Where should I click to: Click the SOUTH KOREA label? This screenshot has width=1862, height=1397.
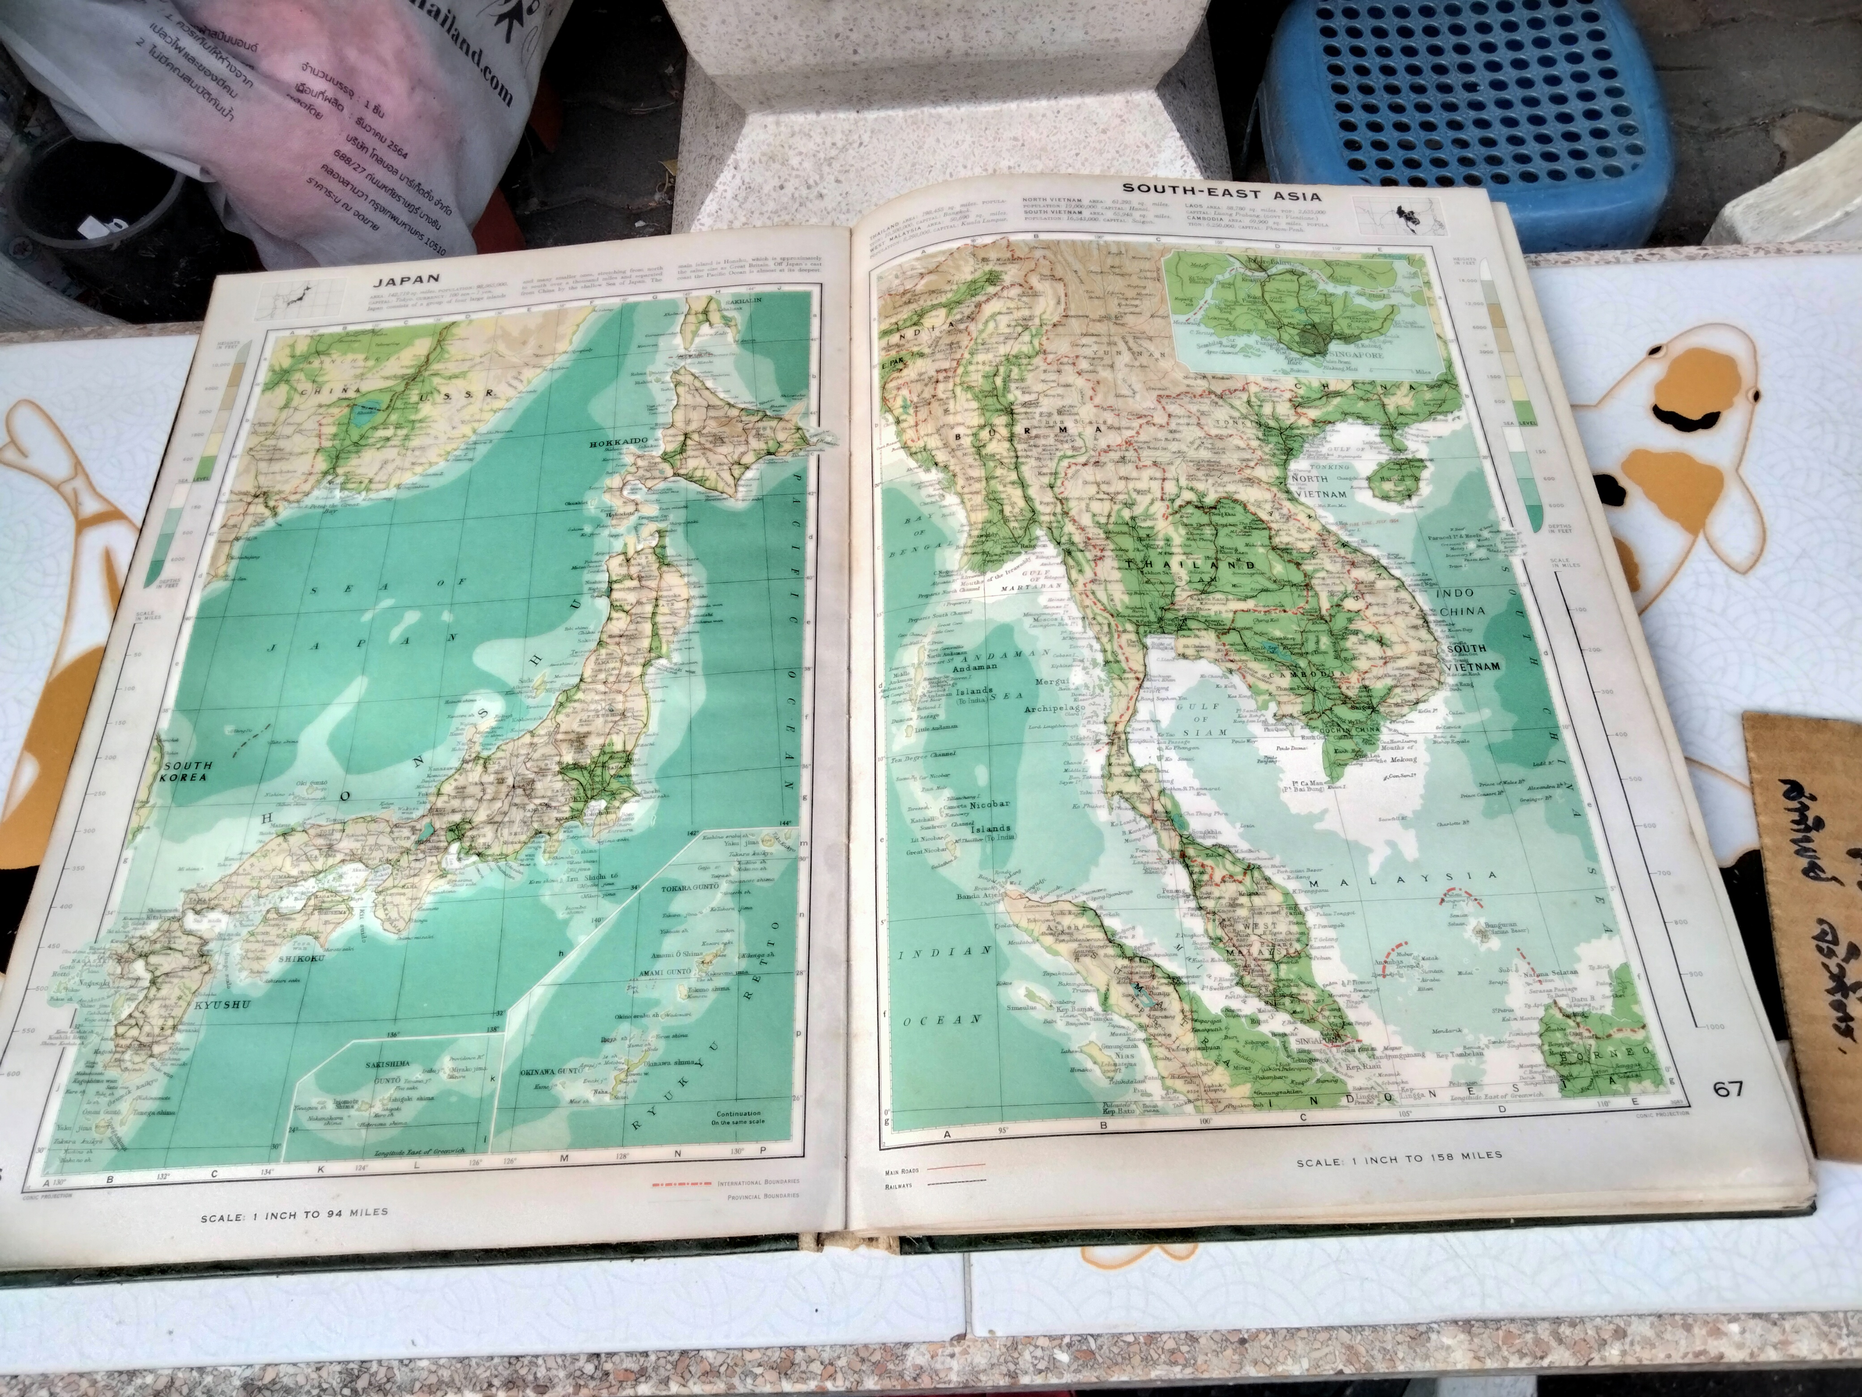[x=185, y=771]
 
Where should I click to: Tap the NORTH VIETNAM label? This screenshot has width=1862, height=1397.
[x=1332, y=489]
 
